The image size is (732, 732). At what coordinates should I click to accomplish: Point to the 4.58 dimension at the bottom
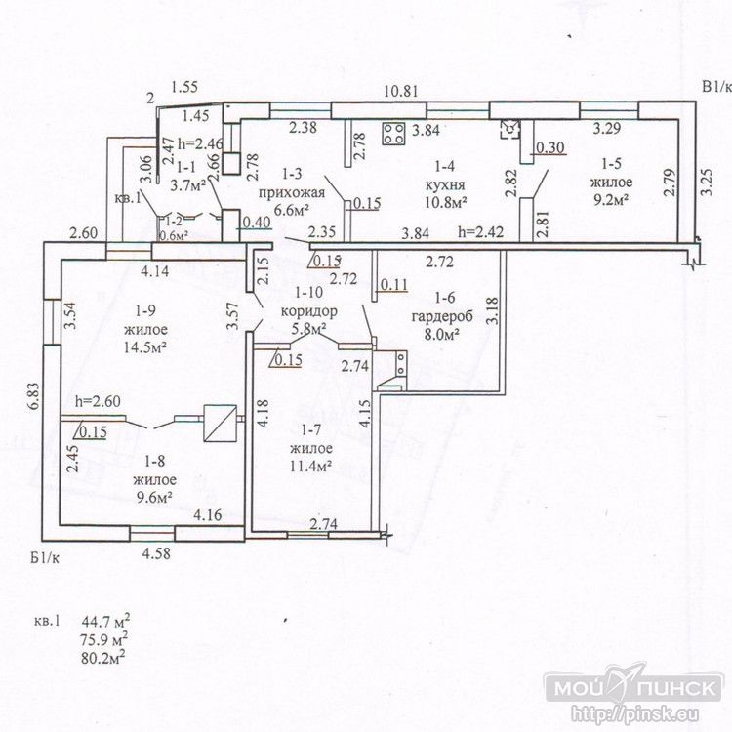click(x=157, y=554)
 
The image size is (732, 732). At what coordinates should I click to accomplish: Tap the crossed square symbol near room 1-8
click(x=218, y=422)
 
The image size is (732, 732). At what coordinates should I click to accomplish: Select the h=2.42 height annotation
click(x=481, y=233)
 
